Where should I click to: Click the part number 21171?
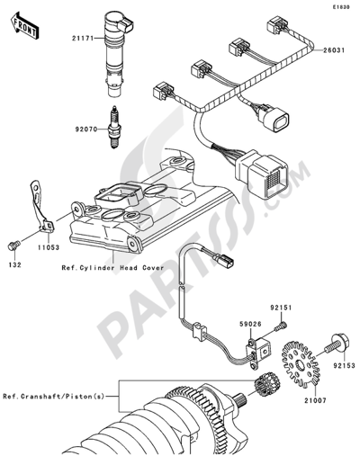(82, 39)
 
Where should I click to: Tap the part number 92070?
(85, 130)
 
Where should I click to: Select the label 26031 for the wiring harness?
(334, 50)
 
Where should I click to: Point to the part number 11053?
(49, 247)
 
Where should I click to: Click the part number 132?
(14, 264)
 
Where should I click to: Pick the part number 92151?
(281, 308)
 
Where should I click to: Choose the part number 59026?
(250, 324)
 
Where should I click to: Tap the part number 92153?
(344, 366)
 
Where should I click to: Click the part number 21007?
(315, 400)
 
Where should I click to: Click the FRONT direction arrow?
(24, 25)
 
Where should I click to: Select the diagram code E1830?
(341, 7)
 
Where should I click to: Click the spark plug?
(113, 127)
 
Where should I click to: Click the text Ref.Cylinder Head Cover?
(112, 268)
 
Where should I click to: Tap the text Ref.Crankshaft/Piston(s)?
(54, 397)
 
